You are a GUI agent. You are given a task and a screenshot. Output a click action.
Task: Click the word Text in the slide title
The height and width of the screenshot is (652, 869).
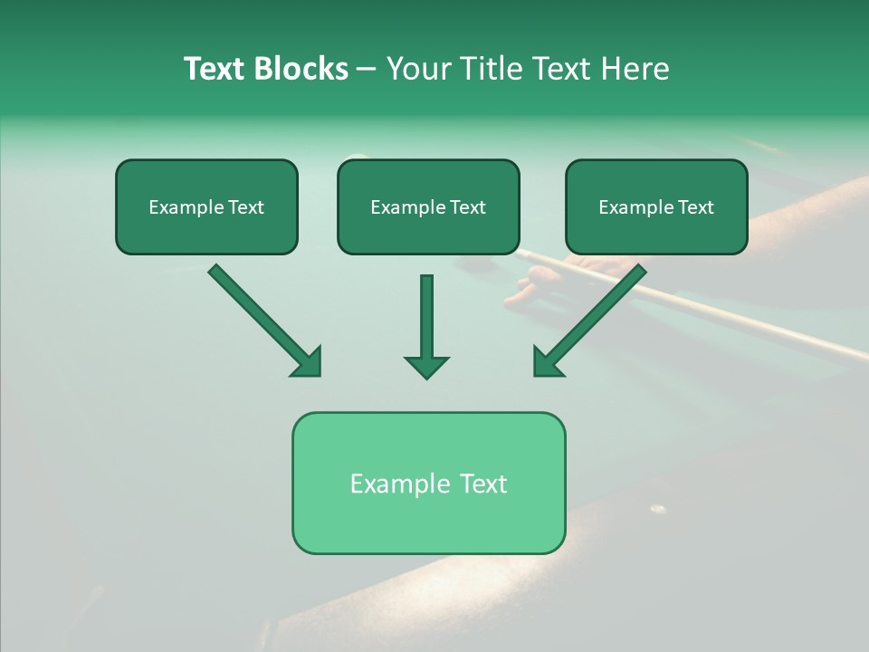pyautogui.click(x=214, y=69)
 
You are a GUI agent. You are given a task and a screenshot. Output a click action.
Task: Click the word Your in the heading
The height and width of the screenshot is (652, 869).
pyautogui.click(x=419, y=69)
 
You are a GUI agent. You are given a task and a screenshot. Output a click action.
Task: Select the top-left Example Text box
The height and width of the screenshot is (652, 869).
pyautogui.click(x=206, y=207)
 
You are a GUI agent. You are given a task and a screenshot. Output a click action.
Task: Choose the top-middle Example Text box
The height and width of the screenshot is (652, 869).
pyautogui.click(x=428, y=207)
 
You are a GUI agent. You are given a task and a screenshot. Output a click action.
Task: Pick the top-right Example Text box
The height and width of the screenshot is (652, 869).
pyautogui.click(x=656, y=207)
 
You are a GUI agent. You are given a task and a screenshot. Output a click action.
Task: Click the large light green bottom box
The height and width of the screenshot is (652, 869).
pyautogui.click(x=428, y=483)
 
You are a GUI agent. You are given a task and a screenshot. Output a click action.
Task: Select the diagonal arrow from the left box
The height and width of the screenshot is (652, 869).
pyautogui.click(x=263, y=318)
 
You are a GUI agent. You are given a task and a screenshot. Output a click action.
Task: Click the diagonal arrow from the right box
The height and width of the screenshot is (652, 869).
pyautogui.click(x=592, y=318)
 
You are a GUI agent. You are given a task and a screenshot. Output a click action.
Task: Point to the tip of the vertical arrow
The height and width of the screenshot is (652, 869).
pyautogui.click(x=426, y=376)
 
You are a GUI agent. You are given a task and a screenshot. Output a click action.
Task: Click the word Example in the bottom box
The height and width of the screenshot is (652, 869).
pyautogui.click(x=396, y=484)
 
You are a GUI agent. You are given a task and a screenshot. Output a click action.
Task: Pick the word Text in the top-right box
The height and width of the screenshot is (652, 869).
pyautogui.click(x=695, y=207)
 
